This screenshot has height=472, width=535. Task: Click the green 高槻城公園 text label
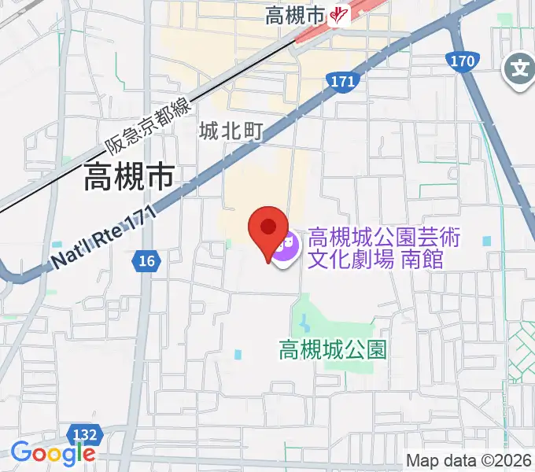click(x=334, y=349)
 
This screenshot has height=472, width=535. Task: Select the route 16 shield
click(x=146, y=261)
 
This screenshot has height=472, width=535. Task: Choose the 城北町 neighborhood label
click(x=230, y=131)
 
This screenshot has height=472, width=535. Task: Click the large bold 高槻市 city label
click(x=129, y=179)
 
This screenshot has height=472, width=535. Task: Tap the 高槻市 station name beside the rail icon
click(x=295, y=15)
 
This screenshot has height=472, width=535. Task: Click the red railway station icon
click(x=340, y=15)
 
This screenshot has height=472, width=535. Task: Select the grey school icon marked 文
click(x=519, y=69)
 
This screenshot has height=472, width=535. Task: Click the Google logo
click(x=53, y=453)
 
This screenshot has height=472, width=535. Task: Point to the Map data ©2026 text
click(x=469, y=460)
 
